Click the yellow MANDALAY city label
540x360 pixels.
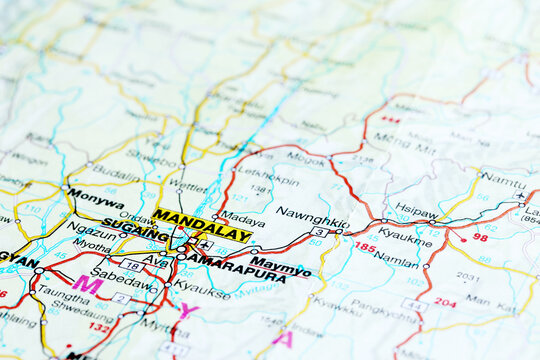202,224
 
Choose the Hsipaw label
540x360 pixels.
416,211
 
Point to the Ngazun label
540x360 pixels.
91,231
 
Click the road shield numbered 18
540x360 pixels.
132,265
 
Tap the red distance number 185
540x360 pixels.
364,246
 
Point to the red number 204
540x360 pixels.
444,302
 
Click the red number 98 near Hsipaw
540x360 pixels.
481,237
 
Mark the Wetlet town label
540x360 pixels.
188,186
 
